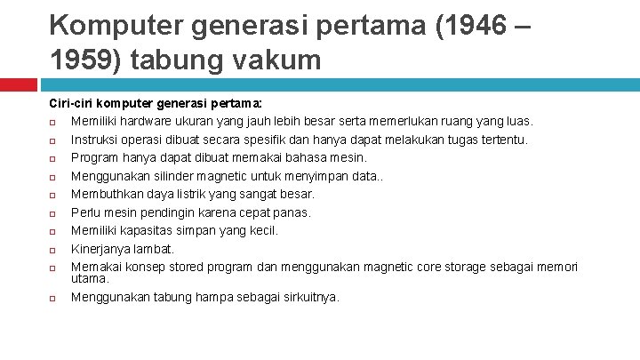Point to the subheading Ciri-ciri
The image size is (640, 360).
[x=67, y=103]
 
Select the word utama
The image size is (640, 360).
[x=88, y=278]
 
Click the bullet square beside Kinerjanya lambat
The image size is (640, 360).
[x=52, y=250]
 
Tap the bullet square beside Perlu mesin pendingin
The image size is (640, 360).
[x=52, y=213]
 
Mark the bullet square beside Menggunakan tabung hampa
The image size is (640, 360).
[x=52, y=298]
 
